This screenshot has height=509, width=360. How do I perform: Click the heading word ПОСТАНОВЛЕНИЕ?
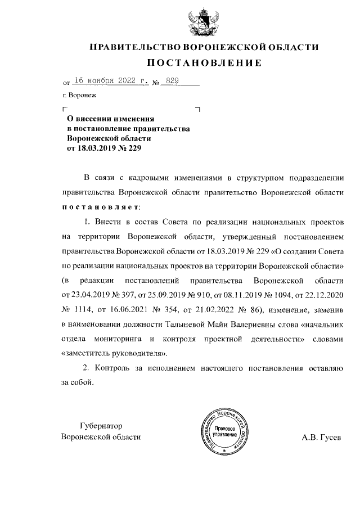[x=205, y=62]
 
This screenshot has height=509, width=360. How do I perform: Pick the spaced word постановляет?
[x=98, y=206]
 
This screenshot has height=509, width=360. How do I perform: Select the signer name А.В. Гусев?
[x=321, y=437]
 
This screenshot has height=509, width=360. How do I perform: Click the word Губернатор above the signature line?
[x=101, y=426]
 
